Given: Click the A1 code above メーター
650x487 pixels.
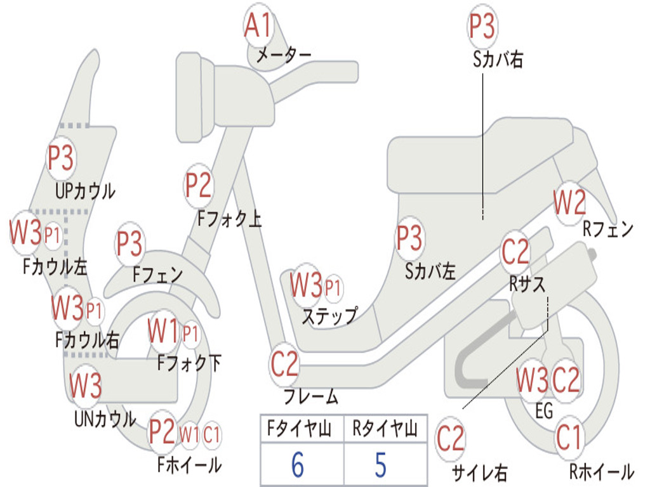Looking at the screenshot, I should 258,27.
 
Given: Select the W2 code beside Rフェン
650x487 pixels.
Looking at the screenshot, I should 569,204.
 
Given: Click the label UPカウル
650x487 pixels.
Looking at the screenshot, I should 86,190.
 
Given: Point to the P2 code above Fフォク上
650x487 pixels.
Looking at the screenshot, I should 198,186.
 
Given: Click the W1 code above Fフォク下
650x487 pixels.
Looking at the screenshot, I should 162,330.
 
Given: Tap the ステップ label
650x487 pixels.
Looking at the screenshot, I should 329,315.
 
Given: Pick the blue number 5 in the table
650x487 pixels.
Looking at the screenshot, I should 380,465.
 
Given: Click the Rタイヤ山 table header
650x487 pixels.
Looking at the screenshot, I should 385,431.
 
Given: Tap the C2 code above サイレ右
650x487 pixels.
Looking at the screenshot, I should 451,439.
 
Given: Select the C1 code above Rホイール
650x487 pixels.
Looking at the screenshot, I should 569,438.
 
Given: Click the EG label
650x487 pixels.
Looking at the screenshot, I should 544,412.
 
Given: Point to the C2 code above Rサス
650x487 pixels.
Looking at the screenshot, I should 515,252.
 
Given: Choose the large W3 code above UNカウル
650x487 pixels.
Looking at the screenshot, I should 85,385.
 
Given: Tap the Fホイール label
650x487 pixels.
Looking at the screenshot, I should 189,465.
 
